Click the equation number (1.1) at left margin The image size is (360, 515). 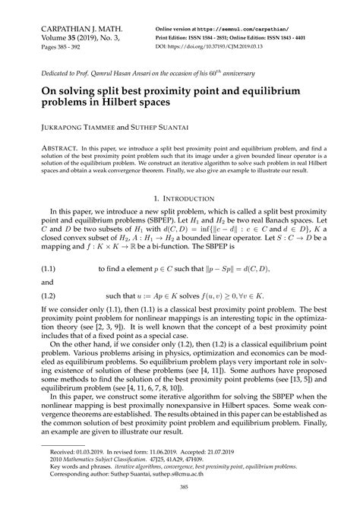coord(39,269)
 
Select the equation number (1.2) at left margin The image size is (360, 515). coord(39,295)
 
